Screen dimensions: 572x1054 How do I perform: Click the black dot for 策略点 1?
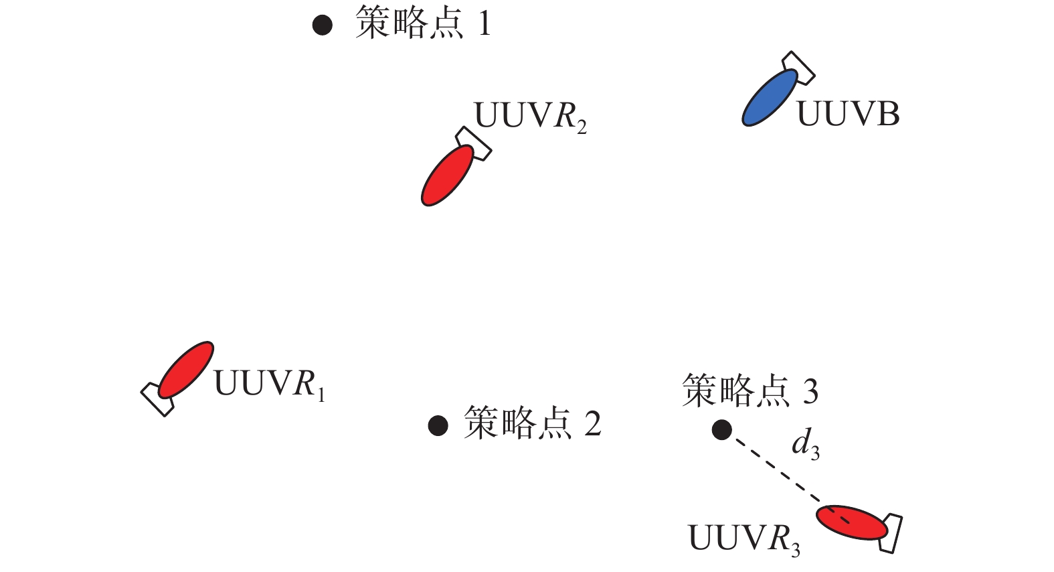pos(323,25)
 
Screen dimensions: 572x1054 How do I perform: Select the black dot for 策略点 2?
pos(438,425)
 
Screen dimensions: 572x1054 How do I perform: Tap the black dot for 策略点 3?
pos(721,429)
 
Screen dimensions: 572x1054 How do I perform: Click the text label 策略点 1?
pos(423,24)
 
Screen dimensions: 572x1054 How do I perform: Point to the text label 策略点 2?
pos(532,424)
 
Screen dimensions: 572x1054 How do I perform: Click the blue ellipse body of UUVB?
pos(770,98)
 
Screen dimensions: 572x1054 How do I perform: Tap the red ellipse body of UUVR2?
pos(447,175)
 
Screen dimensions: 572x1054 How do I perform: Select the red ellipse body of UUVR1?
pos(186,370)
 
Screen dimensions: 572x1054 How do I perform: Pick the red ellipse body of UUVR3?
pos(852,522)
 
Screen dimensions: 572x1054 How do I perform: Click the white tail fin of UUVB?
pos(799,68)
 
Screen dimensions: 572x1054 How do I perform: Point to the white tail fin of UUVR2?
pos(474,143)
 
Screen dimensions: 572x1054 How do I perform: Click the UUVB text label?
pos(848,115)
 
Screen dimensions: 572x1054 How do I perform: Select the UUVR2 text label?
pos(530,117)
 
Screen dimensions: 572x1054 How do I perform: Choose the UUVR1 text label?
pos(269,385)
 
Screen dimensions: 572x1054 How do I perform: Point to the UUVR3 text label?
pos(743,539)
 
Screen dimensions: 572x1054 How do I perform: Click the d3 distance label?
pos(806,445)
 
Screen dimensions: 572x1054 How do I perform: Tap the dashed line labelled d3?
pos(776,469)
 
